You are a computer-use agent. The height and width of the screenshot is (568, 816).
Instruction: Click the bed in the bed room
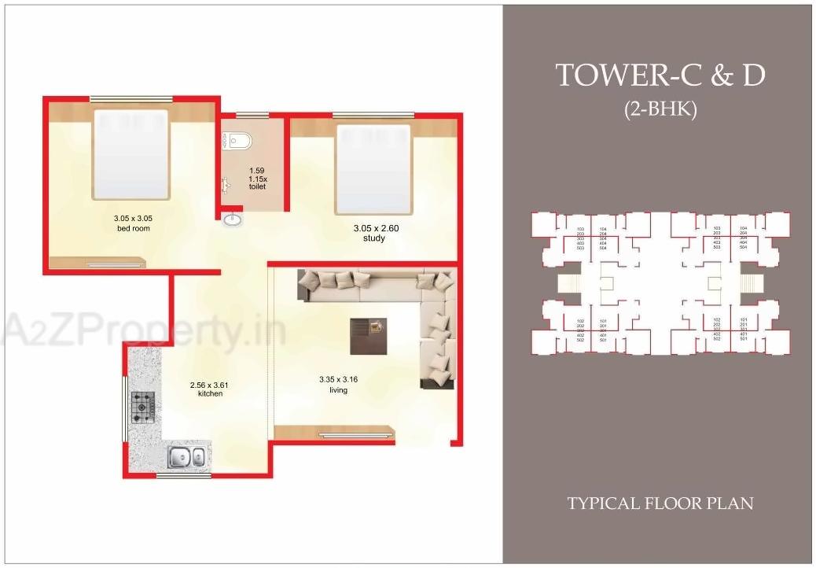click(x=130, y=154)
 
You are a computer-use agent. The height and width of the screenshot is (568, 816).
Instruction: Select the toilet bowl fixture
click(x=239, y=142)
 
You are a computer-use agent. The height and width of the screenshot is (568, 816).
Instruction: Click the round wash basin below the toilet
click(x=233, y=219)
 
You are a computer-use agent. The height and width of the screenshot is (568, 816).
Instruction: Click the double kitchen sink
click(x=187, y=456)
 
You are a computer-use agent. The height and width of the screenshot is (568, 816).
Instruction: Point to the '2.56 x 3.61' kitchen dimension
click(x=210, y=385)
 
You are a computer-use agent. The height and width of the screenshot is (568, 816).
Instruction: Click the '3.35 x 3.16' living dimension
click(x=338, y=379)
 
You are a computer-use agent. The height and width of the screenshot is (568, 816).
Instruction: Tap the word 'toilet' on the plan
click(x=257, y=187)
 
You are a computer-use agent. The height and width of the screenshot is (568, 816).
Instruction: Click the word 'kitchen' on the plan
click(x=210, y=393)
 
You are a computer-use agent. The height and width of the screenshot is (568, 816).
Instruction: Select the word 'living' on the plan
click(x=338, y=389)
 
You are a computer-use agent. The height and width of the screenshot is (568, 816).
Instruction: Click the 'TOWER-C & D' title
click(x=660, y=76)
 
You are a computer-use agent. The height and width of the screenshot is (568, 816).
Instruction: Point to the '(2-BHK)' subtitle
click(x=661, y=109)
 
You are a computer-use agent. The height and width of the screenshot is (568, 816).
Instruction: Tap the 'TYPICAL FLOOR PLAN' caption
click(x=660, y=503)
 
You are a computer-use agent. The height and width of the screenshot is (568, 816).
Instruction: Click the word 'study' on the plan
click(x=373, y=238)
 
